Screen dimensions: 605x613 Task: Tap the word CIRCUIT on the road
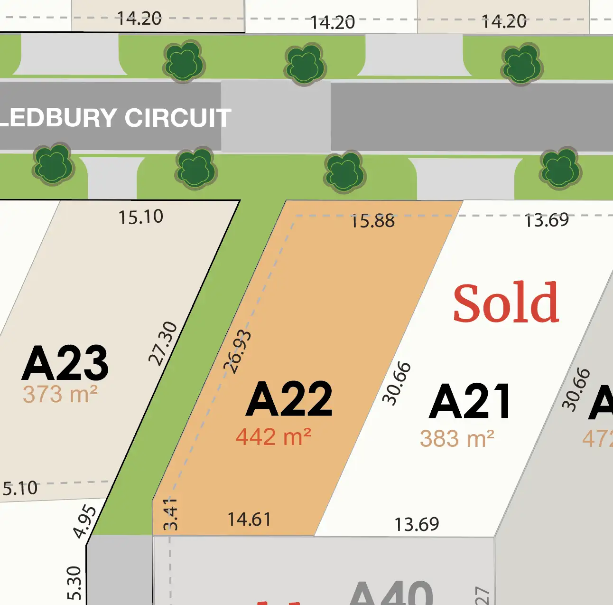178,118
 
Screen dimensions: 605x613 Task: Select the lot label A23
65,363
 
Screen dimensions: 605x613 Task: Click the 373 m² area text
60,395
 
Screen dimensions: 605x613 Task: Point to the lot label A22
289,399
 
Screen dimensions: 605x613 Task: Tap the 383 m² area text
457,439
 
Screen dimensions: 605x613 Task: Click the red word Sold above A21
506,302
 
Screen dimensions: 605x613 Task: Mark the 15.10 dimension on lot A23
141,217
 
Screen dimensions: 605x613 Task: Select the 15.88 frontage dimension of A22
372,221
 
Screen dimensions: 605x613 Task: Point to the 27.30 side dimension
163,343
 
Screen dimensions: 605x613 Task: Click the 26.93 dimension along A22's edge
237,351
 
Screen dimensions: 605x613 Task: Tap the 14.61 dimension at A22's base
249,520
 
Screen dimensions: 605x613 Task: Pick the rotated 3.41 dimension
170,514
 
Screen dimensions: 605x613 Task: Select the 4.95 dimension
85,522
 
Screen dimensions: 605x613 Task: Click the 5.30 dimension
74,583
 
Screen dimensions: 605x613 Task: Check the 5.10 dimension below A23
20,488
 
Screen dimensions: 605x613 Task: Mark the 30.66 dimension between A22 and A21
397,383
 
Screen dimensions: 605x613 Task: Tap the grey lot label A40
391,594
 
